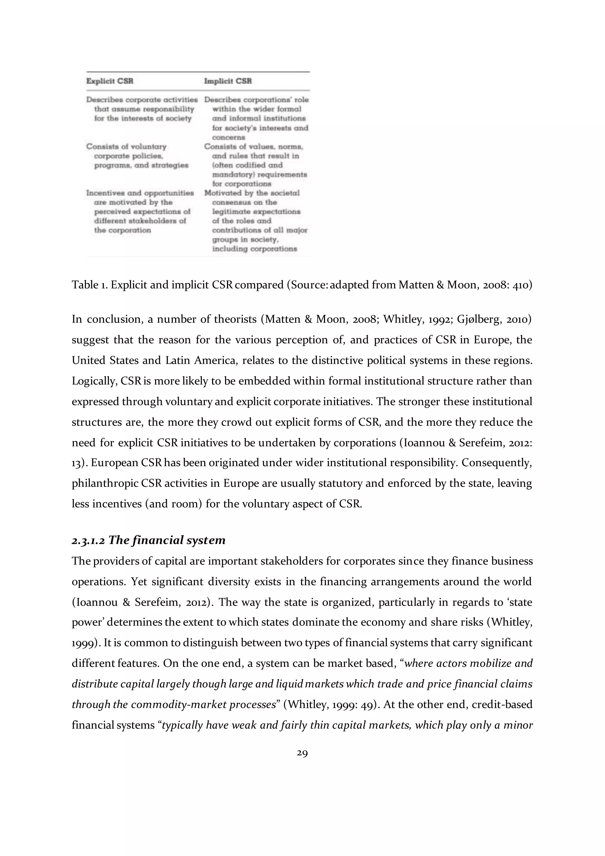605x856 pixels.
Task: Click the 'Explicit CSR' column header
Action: (x=110, y=81)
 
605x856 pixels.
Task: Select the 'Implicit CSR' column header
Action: (x=228, y=81)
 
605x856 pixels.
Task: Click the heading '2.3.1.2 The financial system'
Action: (x=148, y=540)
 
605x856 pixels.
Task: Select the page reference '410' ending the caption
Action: (x=521, y=285)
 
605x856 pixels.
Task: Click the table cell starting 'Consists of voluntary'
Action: (x=137, y=156)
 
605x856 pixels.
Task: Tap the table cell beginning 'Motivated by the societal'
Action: (x=256, y=221)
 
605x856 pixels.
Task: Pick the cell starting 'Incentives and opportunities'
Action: (x=140, y=211)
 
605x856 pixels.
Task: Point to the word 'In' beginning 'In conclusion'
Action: (x=77, y=320)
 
